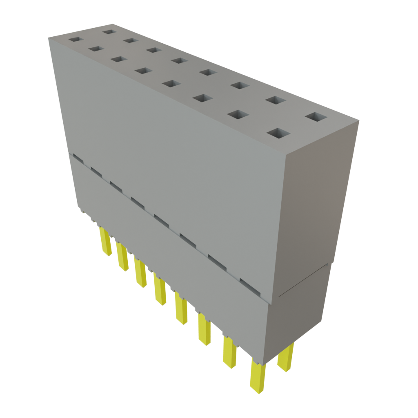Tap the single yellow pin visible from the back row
click(x=285, y=358)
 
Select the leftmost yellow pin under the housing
click(x=106, y=242)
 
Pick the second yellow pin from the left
click(x=122, y=256)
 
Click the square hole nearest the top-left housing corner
click(x=76, y=40)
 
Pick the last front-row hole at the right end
click(x=278, y=133)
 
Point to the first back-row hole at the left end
click(x=109, y=31)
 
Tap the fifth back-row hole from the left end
click(x=207, y=72)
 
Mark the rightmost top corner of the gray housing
click(x=359, y=120)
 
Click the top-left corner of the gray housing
click(x=48, y=38)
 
